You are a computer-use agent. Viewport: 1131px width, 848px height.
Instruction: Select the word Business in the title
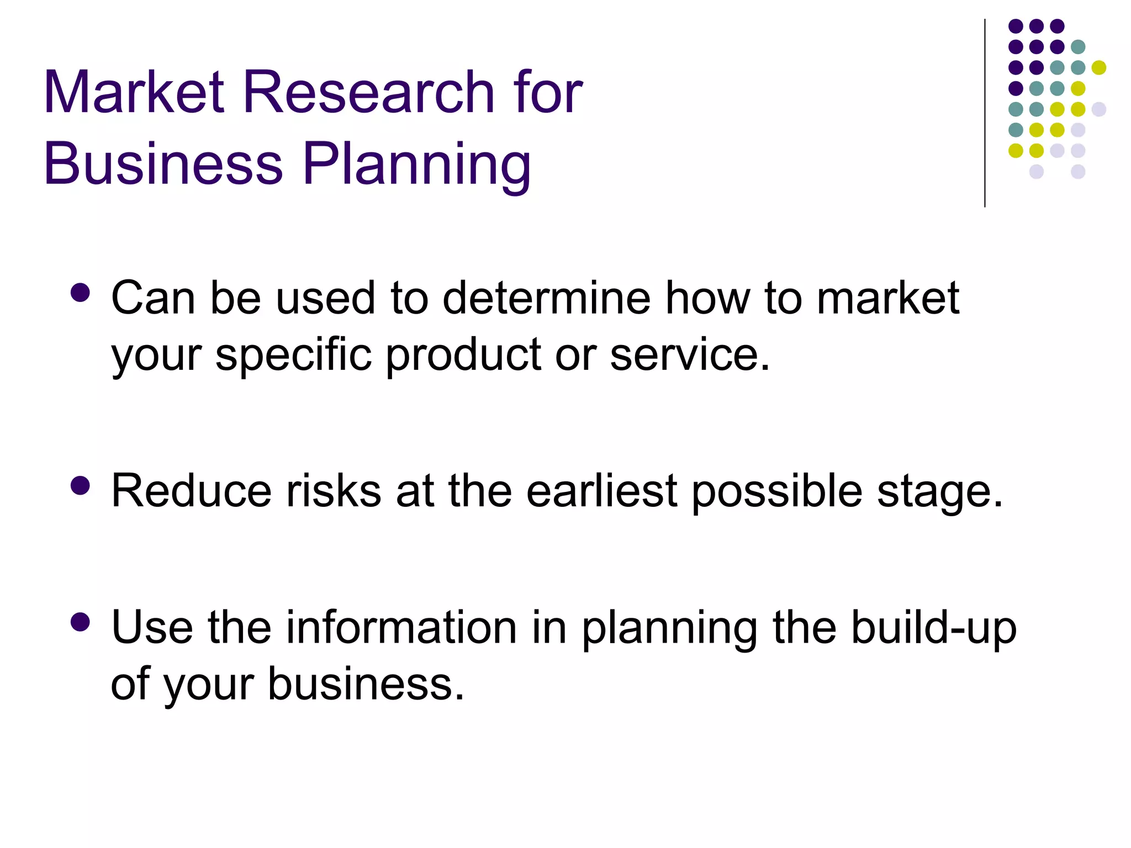[163, 163]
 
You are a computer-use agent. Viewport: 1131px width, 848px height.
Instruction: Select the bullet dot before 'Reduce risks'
[81, 486]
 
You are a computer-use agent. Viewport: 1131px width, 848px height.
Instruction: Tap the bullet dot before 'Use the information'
[81, 622]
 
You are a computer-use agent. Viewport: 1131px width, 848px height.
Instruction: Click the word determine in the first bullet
[547, 298]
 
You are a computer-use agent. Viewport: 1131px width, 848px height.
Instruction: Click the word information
[401, 628]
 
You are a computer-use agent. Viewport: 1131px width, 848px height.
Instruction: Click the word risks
[334, 491]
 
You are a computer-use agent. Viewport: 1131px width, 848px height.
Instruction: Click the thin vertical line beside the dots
[985, 113]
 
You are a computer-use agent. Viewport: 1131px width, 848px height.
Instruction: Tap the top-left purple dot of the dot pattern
[1016, 26]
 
